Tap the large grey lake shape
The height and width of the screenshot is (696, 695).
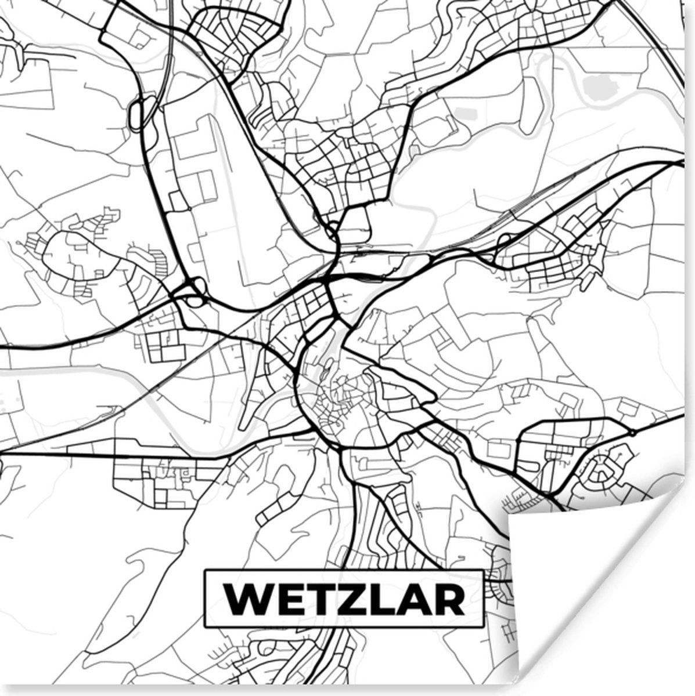pos(601,87)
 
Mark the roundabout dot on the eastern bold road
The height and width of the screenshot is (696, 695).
pos(632,432)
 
